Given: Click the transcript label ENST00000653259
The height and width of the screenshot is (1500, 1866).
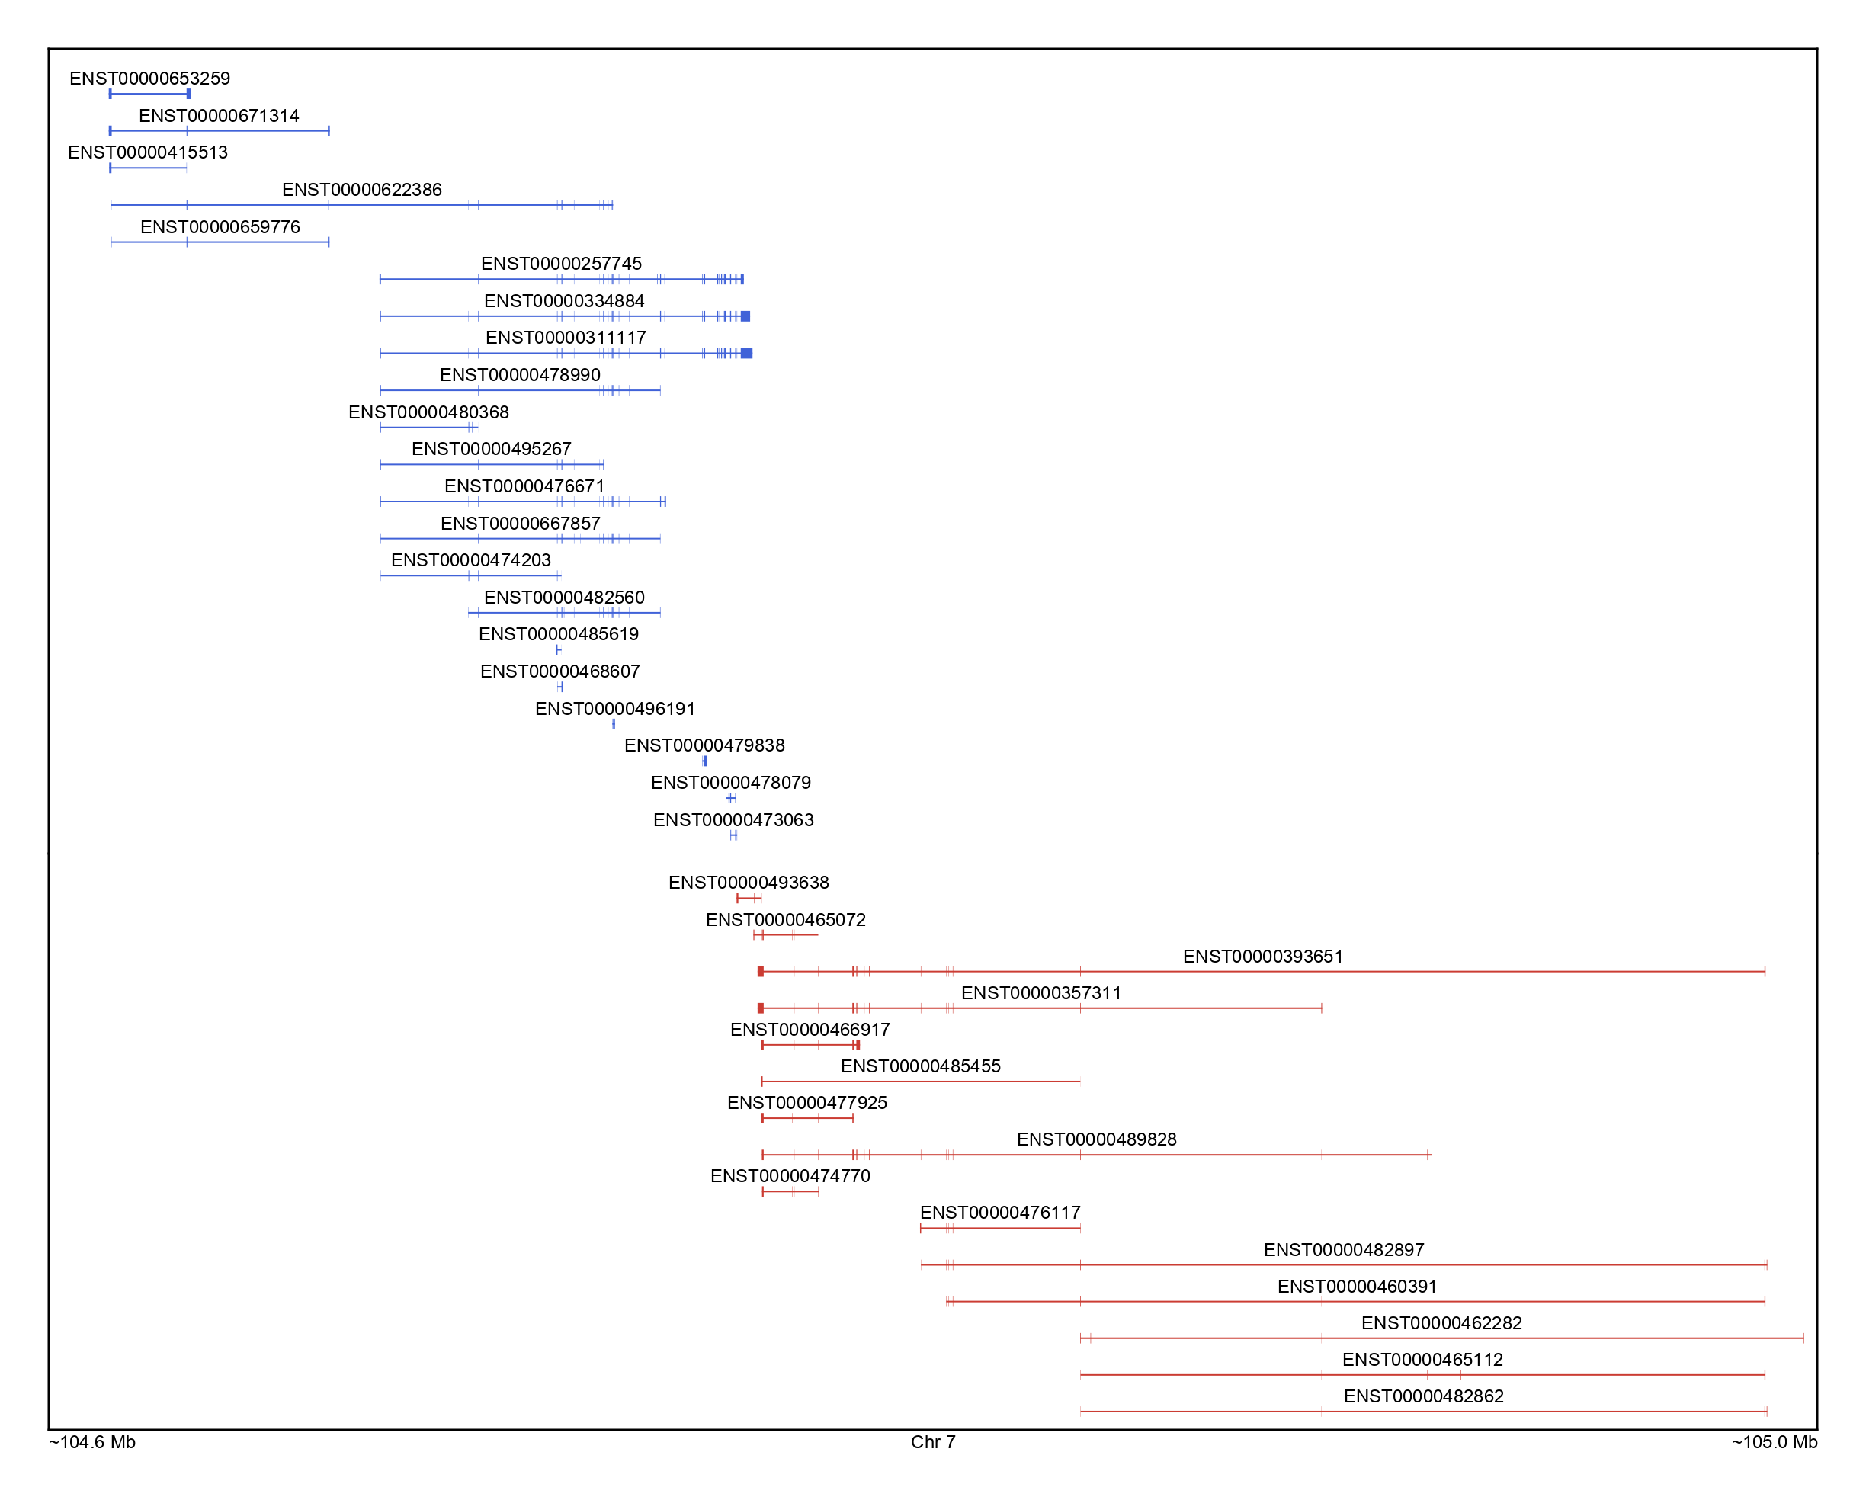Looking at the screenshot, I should pyautogui.click(x=149, y=79).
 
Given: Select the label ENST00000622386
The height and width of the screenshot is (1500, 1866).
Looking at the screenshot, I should pyautogui.click(x=362, y=190).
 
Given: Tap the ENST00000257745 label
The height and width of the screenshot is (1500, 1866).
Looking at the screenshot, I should pyautogui.click(x=561, y=264).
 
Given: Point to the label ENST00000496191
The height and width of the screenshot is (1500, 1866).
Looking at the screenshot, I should pyautogui.click(x=614, y=709).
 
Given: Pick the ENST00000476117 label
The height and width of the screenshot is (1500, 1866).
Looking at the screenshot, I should pyautogui.click(x=999, y=1213).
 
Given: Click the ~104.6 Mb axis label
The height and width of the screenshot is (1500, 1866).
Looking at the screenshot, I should pyautogui.click(x=92, y=1442).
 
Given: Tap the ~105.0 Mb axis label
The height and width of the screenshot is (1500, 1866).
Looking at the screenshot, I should pyautogui.click(x=1774, y=1442).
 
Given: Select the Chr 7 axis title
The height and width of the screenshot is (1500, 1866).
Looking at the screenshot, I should pyautogui.click(x=932, y=1442).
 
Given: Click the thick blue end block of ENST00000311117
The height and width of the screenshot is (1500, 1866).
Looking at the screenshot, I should pyautogui.click(x=746, y=353).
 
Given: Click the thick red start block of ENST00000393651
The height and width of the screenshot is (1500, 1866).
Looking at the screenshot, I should pyautogui.click(x=760, y=972).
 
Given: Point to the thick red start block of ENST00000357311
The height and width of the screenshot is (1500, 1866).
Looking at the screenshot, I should pyautogui.click(x=760, y=1008).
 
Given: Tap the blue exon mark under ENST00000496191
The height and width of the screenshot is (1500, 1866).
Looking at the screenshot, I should pyautogui.click(x=614, y=724).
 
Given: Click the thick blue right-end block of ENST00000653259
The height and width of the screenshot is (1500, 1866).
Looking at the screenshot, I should pyautogui.click(x=189, y=95).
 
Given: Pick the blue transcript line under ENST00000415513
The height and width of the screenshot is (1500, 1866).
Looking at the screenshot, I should pyautogui.click(x=148, y=168).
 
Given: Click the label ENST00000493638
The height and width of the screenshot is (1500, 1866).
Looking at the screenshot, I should pyautogui.click(x=749, y=883).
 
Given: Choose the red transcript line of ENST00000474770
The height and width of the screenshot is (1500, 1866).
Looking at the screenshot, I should pyautogui.click(x=790, y=1193).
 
